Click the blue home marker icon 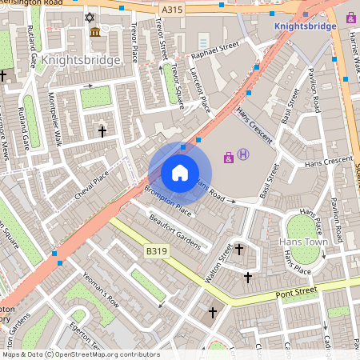click(180, 172)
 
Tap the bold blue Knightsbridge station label click(305, 26)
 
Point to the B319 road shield click(157, 251)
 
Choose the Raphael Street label click(215, 52)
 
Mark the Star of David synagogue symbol click(90, 17)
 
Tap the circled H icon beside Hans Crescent click(243, 155)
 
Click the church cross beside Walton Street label click(238, 250)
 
